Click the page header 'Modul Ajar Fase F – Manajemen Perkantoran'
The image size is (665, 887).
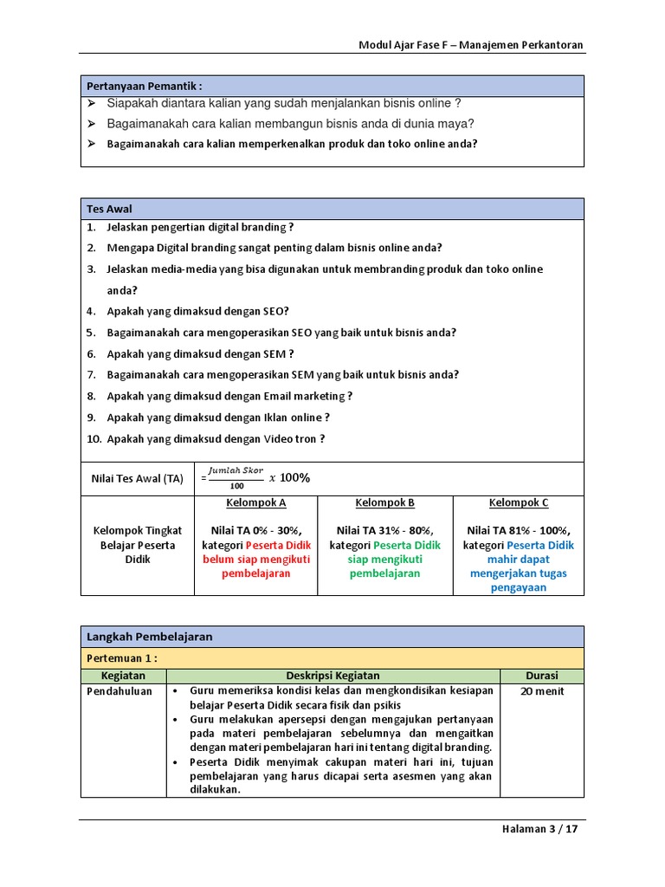(472, 44)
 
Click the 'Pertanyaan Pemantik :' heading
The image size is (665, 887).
(144, 86)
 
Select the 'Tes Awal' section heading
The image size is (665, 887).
(109, 209)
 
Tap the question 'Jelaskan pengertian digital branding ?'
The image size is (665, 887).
(200, 227)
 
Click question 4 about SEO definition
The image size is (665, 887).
(197, 311)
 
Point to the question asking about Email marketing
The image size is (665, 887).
(229, 396)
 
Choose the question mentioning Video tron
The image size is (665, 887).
(216, 438)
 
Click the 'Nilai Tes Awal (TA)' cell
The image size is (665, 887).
(138, 478)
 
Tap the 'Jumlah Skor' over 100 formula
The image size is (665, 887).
(235, 477)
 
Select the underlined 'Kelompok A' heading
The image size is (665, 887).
(255, 503)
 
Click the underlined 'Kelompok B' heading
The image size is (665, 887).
(384, 503)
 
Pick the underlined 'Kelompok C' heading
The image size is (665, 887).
(518, 503)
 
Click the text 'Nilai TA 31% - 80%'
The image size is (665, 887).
(384, 531)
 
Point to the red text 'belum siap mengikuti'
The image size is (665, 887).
(255, 560)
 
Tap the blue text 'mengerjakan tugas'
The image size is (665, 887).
(518, 573)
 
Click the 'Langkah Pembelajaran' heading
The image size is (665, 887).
(149, 637)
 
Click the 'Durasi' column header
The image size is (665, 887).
(542, 676)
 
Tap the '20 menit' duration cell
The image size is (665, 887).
(542, 691)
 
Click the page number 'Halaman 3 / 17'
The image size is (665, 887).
(539, 828)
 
